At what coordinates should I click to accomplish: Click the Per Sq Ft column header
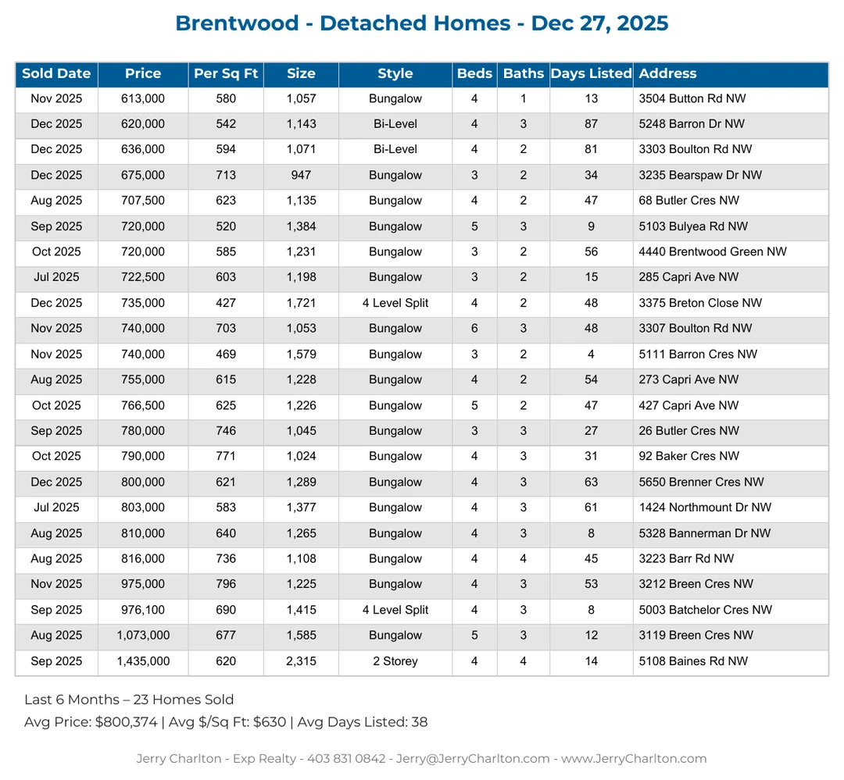tap(226, 74)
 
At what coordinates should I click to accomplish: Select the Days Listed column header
tap(591, 74)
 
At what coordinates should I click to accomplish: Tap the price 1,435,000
tap(143, 661)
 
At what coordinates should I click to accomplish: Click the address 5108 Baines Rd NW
tap(693, 661)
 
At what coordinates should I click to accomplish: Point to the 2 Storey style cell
tap(395, 661)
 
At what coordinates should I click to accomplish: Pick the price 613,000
tap(143, 98)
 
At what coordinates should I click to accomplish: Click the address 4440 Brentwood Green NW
tap(713, 252)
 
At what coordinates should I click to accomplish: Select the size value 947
tap(301, 176)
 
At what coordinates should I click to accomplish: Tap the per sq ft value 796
tap(226, 584)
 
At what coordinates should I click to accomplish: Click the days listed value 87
tap(591, 124)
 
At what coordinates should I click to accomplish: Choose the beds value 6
tap(474, 329)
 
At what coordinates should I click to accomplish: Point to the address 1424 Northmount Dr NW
tap(705, 508)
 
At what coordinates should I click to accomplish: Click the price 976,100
tap(143, 610)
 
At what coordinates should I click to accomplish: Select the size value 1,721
tap(301, 303)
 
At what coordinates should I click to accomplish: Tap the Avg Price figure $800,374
tap(126, 722)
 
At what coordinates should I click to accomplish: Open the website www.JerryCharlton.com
tap(634, 759)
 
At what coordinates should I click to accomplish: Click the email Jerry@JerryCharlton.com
tap(474, 759)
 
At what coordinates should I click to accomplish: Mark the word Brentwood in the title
tap(237, 23)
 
